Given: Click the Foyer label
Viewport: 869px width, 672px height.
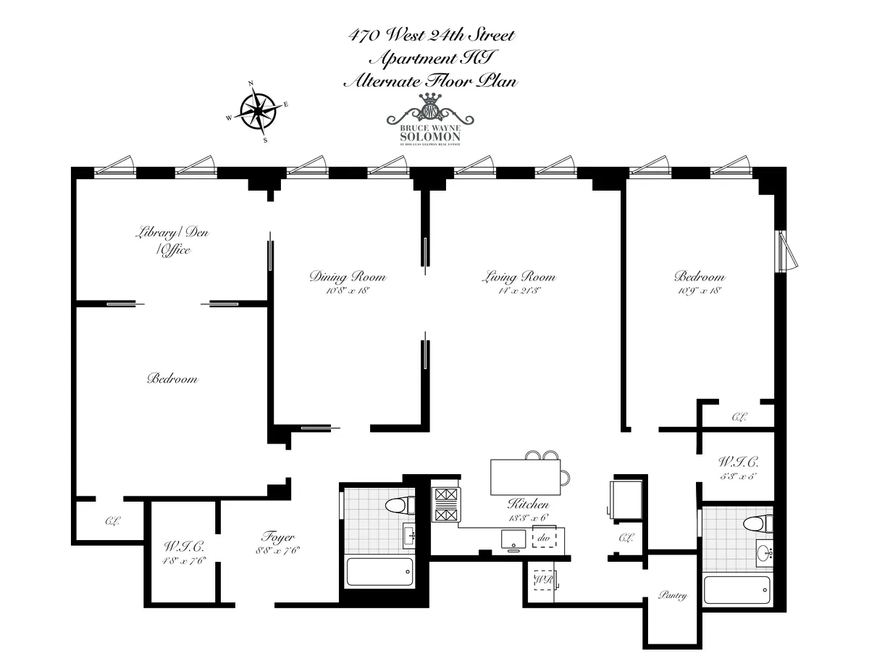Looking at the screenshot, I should pyautogui.click(x=278, y=537).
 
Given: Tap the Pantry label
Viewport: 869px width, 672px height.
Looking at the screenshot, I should pyautogui.click(x=672, y=595).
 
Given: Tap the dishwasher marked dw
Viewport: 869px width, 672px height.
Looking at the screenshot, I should pyautogui.click(x=545, y=539).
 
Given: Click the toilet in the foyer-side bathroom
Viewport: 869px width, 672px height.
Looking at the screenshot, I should pyautogui.click(x=398, y=505).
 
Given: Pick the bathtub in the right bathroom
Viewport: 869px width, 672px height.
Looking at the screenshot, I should pyautogui.click(x=736, y=589).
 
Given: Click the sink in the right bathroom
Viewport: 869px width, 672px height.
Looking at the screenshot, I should pyautogui.click(x=764, y=552).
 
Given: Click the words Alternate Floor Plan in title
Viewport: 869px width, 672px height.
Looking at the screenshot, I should pyautogui.click(x=430, y=81).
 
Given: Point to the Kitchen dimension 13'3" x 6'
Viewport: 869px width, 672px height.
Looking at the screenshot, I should pyautogui.click(x=528, y=518).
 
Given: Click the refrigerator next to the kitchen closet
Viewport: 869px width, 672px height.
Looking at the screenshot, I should pyautogui.click(x=624, y=498).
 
